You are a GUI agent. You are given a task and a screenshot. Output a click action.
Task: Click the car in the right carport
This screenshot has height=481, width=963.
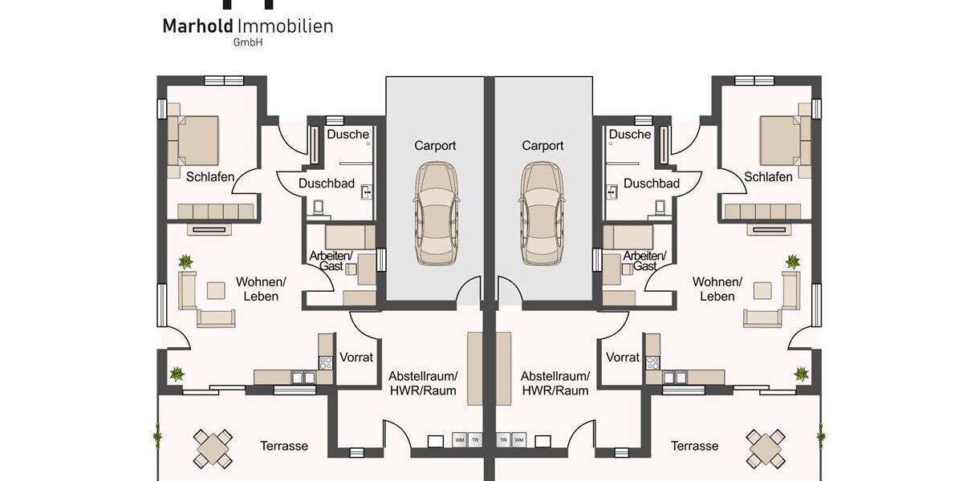(x=543, y=214)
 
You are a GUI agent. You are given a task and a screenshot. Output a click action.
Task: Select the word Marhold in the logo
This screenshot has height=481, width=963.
(x=198, y=26)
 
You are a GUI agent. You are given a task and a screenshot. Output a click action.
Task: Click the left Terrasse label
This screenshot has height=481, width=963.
(x=284, y=446)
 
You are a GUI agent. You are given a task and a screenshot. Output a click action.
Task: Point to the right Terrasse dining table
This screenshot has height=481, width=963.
(x=765, y=447)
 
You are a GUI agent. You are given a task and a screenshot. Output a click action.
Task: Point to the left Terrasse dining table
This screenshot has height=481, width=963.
(x=213, y=447)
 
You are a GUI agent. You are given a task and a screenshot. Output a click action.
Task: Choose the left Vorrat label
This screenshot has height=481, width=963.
(x=356, y=358)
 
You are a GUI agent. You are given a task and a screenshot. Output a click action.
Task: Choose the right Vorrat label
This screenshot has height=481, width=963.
(x=622, y=358)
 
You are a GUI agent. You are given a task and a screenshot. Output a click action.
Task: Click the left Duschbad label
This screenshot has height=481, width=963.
(x=327, y=184)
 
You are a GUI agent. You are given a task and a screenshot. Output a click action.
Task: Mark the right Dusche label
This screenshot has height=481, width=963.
(x=630, y=135)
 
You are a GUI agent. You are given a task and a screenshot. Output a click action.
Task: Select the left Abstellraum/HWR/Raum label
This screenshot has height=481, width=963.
(x=422, y=383)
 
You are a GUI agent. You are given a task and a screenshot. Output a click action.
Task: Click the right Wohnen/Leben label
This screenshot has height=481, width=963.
(x=717, y=289)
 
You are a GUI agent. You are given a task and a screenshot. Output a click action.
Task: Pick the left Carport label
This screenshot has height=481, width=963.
(x=435, y=146)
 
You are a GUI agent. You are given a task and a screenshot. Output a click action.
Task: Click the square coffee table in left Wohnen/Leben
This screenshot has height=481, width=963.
(x=217, y=289)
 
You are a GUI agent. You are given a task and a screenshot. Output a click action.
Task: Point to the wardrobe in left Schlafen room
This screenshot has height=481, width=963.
(x=216, y=211)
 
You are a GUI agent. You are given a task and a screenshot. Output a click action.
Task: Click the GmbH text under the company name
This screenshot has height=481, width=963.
(x=246, y=42)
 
